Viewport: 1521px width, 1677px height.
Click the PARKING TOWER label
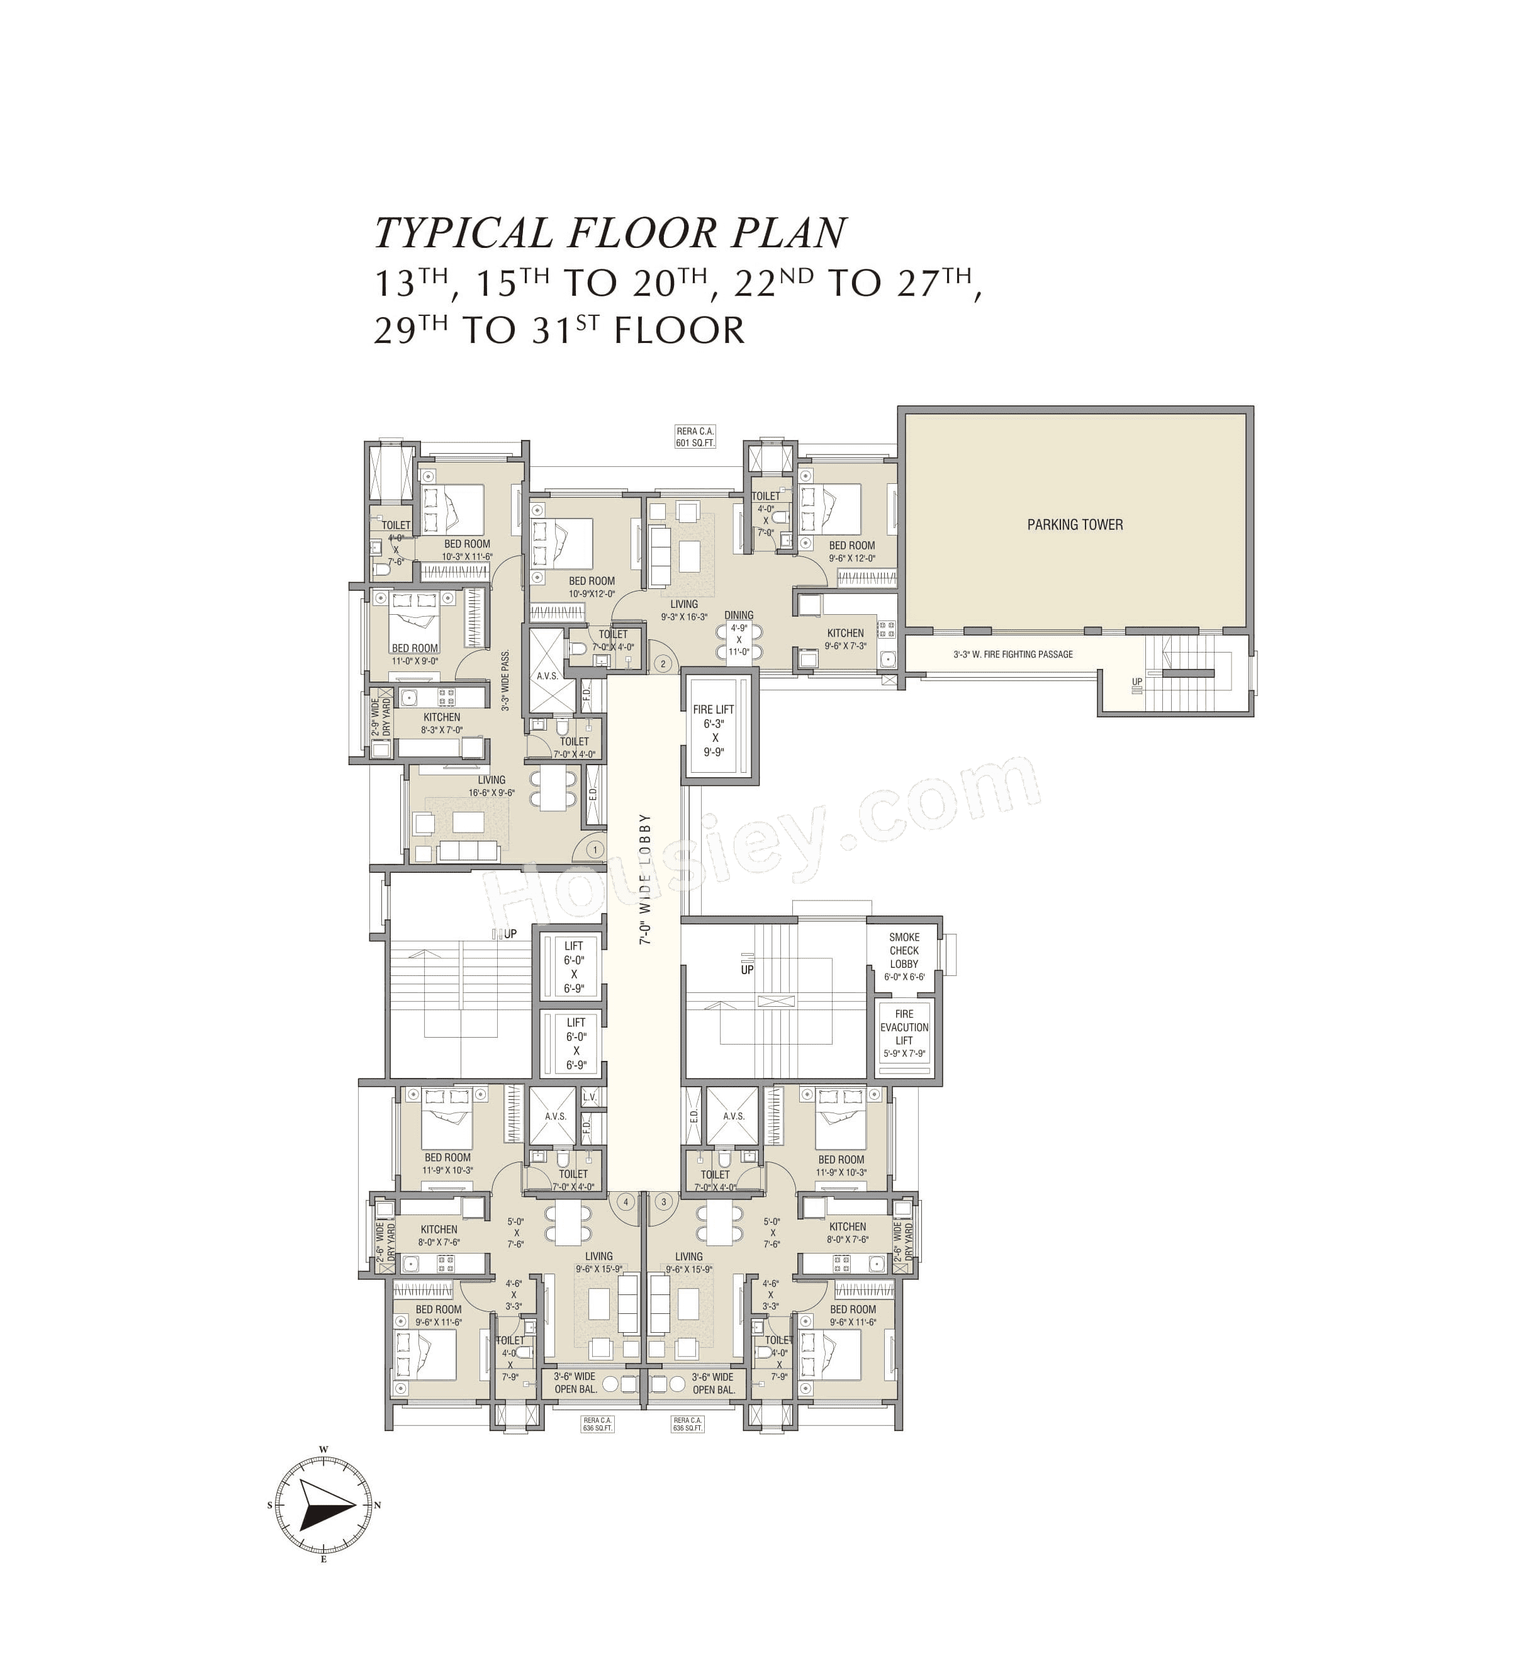tap(1074, 524)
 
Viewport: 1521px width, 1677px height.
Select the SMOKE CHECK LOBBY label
tap(904, 950)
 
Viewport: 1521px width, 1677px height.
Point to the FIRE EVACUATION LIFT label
tap(904, 1028)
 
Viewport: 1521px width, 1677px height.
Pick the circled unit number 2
tap(663, 663)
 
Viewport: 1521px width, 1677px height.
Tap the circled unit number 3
tap(663, 1201)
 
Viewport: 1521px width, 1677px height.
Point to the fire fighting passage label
tap(1013, 654)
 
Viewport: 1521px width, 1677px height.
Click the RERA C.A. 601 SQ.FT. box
tap(695, 437)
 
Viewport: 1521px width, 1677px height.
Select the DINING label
tap(738, 615)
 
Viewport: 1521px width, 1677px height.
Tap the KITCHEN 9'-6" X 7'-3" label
tap(845, 639)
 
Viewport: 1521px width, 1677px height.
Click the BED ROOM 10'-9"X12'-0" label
tap(592, 587)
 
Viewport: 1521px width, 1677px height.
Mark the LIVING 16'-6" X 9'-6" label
tap(491, 786)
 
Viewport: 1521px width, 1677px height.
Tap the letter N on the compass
tap(377, 1505)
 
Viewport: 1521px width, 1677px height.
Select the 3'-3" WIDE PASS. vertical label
tap(505, 680)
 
